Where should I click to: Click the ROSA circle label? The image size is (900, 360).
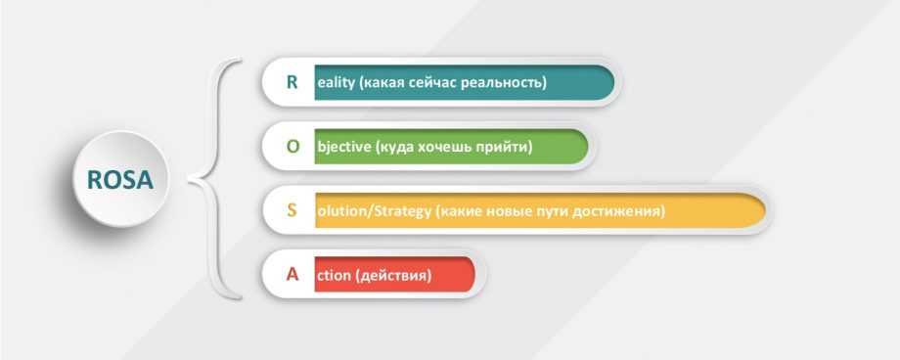coord(120,180)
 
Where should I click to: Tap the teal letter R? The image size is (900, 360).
coord(292,82)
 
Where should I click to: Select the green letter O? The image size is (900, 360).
coord(292,147)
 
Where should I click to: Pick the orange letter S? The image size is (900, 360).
coord(292,210)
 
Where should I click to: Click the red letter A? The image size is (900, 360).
coord(292,275)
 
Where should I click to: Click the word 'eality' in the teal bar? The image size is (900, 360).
coord(336,83)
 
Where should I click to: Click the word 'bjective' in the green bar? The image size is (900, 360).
coord(343,147)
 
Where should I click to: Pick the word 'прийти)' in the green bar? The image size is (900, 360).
coord(505,147)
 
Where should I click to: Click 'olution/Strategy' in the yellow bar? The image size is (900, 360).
coord(374,211)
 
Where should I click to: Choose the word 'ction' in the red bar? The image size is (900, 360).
coord(334,276)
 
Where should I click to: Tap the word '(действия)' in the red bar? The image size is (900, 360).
coord(393,276)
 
